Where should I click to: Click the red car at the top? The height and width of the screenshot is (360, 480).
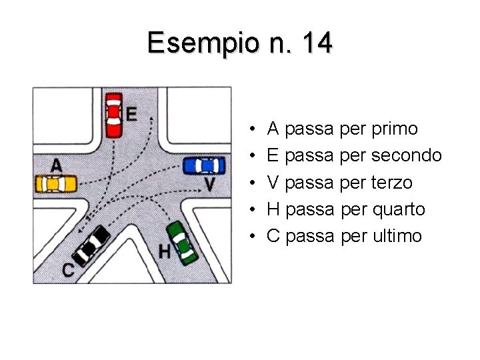point(113,114)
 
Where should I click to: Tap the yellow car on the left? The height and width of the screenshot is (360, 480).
point(56,183)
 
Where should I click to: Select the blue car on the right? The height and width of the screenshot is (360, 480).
point(204,165)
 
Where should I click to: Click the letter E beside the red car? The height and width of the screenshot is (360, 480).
point(131,115)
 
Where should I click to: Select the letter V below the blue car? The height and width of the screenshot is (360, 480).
point(209,184)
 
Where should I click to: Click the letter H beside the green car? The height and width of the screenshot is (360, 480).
point(164,253)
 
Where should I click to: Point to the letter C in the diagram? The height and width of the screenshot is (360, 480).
point(68,269)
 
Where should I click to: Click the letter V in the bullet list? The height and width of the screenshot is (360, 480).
point(273,182)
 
